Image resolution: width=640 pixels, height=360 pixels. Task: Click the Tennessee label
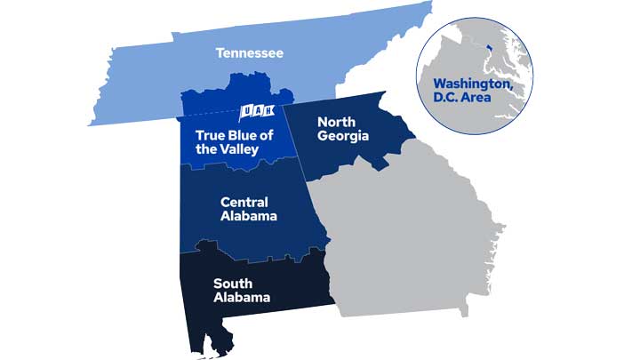point(250,53)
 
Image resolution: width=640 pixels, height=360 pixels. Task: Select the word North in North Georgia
point(337,121)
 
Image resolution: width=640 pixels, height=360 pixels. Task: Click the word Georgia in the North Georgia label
point(342,136)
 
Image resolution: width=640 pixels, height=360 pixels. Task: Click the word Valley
point(237,149)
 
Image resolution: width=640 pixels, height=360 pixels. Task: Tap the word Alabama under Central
point(249,216)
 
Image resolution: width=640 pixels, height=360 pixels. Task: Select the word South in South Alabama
point(232,284)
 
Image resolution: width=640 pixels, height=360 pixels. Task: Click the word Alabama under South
point(241,298)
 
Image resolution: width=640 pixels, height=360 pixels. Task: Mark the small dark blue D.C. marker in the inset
point(489,42)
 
